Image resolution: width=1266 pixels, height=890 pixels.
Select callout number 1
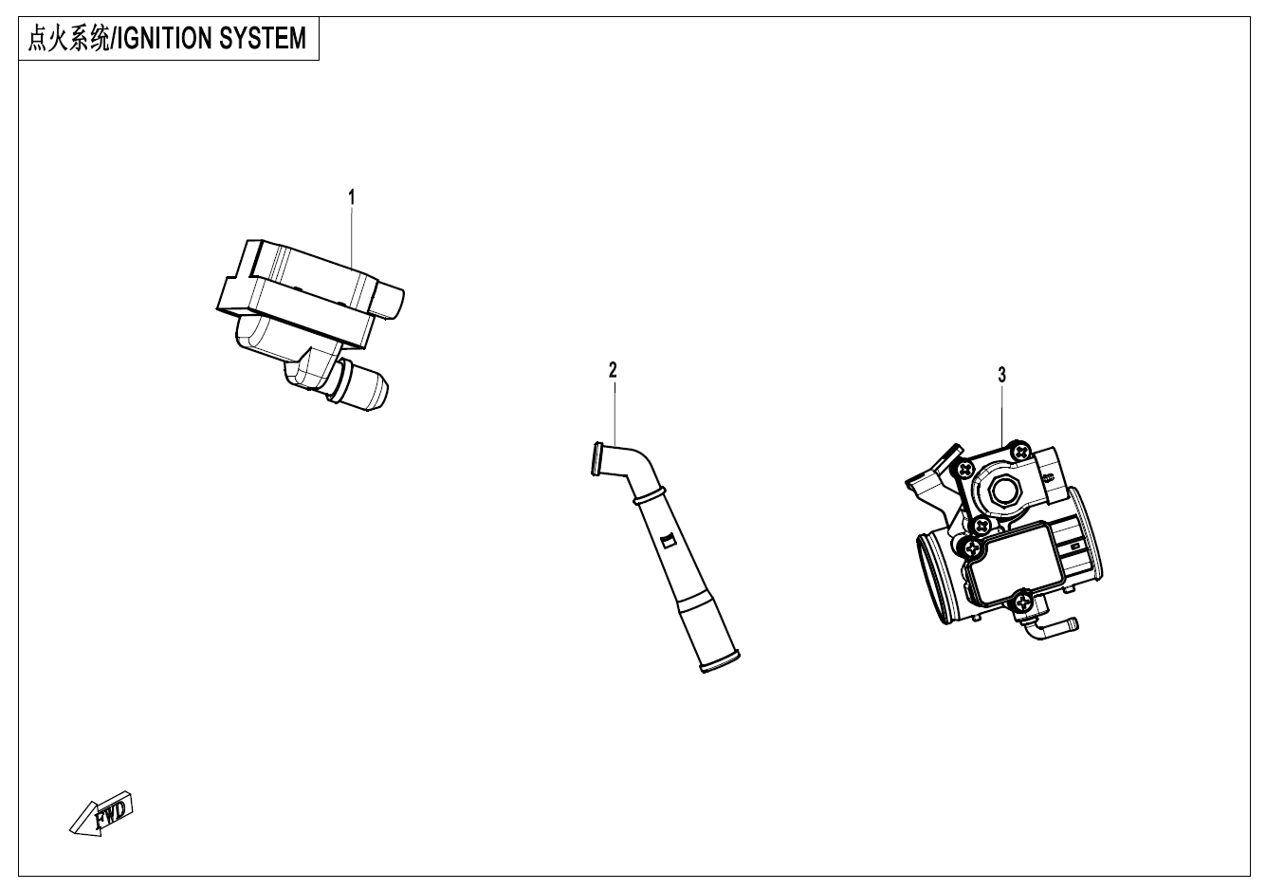[352, 197]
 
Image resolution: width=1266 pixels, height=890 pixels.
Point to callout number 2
[613, 369]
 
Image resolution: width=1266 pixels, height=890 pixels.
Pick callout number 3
[1001, 375]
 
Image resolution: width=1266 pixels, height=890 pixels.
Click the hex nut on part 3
[1002, 491]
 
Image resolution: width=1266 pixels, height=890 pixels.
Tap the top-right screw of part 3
[1020, 450]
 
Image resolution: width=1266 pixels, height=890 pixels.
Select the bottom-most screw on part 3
[1024, 599]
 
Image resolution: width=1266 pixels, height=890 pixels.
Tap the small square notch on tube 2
[667, 541]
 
